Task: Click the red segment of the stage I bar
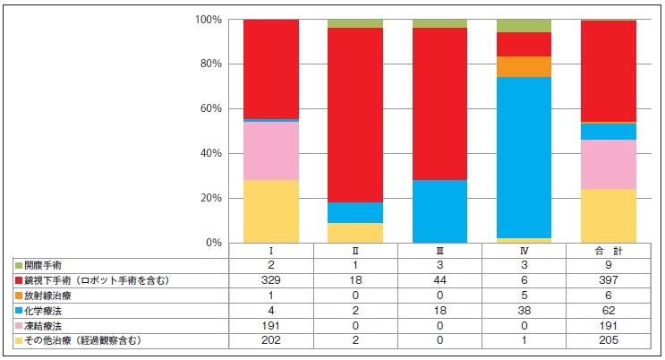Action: click(271, 69)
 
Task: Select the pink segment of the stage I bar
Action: click(271, 150)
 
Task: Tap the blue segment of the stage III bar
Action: click(439, 211)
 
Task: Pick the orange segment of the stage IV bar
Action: click(524, 67)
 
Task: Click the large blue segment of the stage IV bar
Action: click(524, 158)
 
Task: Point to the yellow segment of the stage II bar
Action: click(355, 233)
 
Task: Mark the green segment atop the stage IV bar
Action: click(524, 26)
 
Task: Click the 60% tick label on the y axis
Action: click(209, 109)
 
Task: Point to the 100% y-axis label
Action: click(207, 20)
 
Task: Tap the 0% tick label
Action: click(212, 243)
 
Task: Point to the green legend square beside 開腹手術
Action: click(18, 266)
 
